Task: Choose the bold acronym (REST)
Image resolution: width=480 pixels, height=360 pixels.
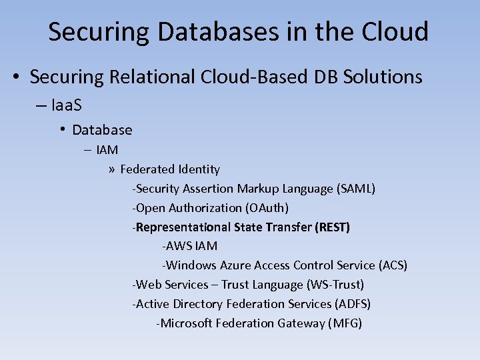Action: (333, 227)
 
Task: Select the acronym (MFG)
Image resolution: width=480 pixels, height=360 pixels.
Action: (345, 323)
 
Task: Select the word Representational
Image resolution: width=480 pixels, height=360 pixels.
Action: (182, 227)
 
